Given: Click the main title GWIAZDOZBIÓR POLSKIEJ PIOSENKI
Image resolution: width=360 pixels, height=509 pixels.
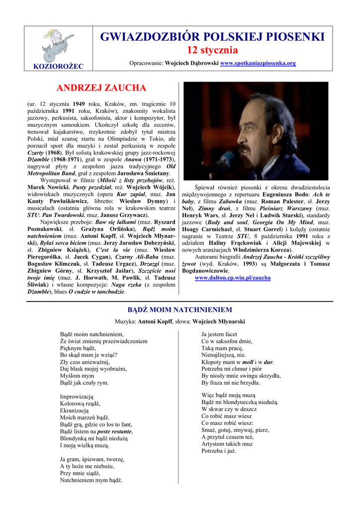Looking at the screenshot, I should point(212,37).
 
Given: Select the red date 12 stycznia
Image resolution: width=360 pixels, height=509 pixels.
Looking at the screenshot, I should point(212,51).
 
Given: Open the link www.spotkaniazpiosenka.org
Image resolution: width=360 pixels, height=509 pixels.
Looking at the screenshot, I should point(258,64).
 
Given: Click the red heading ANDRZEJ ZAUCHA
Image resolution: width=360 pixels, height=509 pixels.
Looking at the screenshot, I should point(101,88).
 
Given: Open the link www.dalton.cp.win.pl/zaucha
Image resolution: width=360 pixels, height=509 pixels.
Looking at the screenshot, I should point(233,278).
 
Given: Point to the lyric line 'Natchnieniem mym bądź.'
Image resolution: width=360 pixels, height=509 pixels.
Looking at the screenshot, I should point(91,481).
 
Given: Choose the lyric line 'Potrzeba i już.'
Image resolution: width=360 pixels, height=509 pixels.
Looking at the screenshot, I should point(218,451).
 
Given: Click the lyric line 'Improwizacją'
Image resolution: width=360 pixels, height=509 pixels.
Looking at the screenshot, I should point(77,397).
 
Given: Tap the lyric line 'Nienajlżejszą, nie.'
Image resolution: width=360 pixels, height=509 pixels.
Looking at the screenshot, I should point(223,355).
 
